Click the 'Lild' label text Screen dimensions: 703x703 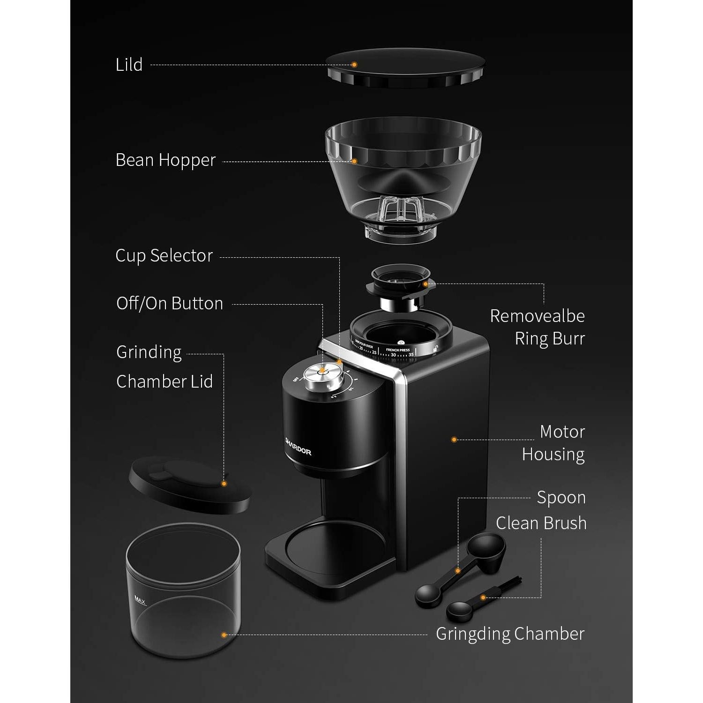coord(129,65)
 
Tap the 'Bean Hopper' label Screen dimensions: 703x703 coord(165,160)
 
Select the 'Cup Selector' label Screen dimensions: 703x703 coord(164,256)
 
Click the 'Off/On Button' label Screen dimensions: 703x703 coord(170,304)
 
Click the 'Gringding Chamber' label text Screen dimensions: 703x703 coord(510,634)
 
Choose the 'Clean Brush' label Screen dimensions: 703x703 coord(541,523)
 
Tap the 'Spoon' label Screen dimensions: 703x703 coord(561,498)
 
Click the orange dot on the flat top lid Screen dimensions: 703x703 coord(354,65)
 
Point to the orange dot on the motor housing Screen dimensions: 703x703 coord(454,440)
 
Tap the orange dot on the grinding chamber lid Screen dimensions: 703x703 coord(224,483)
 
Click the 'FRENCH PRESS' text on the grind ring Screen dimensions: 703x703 coord(397,350)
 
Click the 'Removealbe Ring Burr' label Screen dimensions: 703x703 coord(538,327)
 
